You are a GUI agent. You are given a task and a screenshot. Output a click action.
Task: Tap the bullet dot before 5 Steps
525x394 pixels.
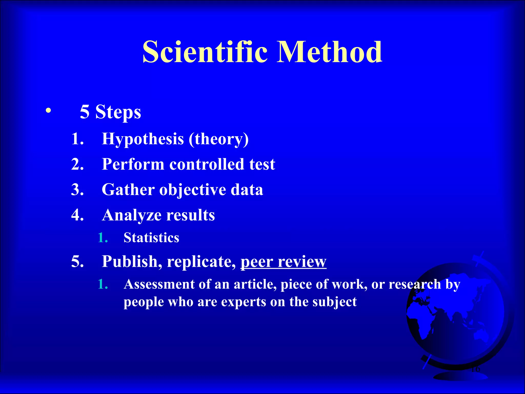pos(48,111)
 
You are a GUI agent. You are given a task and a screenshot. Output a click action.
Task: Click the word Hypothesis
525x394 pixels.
pos(143,139)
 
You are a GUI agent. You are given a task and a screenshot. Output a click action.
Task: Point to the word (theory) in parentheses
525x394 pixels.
pos(219,139)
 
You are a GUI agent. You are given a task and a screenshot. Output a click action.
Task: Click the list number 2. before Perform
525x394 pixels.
pos(77,164)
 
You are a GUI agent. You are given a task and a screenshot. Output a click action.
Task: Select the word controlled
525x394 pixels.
pos(207,164)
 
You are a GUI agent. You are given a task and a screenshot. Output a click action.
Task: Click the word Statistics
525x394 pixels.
pos(151,238)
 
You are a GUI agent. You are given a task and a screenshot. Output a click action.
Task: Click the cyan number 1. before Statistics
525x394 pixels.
pos(103,238)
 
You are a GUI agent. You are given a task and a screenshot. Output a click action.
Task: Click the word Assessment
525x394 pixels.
pos(159,284)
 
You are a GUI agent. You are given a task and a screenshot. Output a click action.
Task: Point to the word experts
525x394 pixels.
pos(243,302)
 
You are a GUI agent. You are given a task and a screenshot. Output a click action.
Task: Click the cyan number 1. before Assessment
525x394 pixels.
pos(103,284)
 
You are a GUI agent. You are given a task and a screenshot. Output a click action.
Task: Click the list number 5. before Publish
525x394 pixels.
pos(77,262)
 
